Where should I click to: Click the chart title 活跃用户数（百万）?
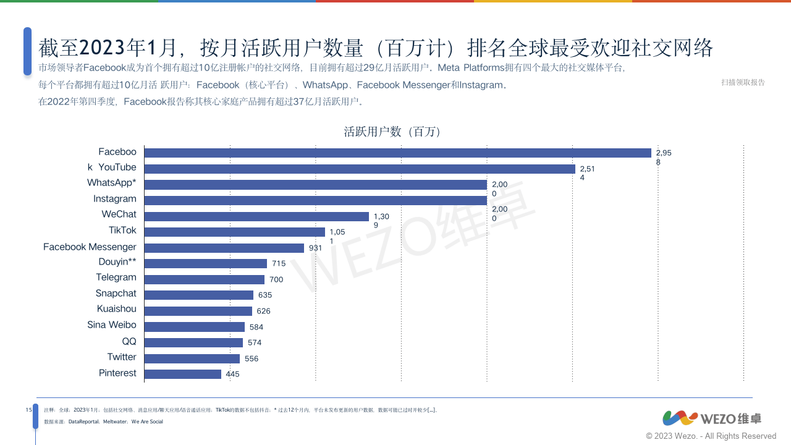pos(392,132)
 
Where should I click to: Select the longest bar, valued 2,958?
pos(397,153)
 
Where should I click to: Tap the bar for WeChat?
pos(256,216)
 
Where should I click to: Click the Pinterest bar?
pos(183,374)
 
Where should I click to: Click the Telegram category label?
pos(116,278)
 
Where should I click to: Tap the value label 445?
pos(232,375)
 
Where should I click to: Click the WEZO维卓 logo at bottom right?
pos(712,418)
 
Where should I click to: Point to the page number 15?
pos(28,410)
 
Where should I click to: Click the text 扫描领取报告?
pos(743,83)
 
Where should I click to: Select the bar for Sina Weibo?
pos(195,327)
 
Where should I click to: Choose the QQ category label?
pos(129,341)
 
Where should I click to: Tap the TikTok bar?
pos(235,232)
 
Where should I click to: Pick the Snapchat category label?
pos(116,294)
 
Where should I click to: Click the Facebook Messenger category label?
pos(90,247)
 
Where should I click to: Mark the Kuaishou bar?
pos(198,311)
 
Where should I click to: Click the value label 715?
pos(279,264)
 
